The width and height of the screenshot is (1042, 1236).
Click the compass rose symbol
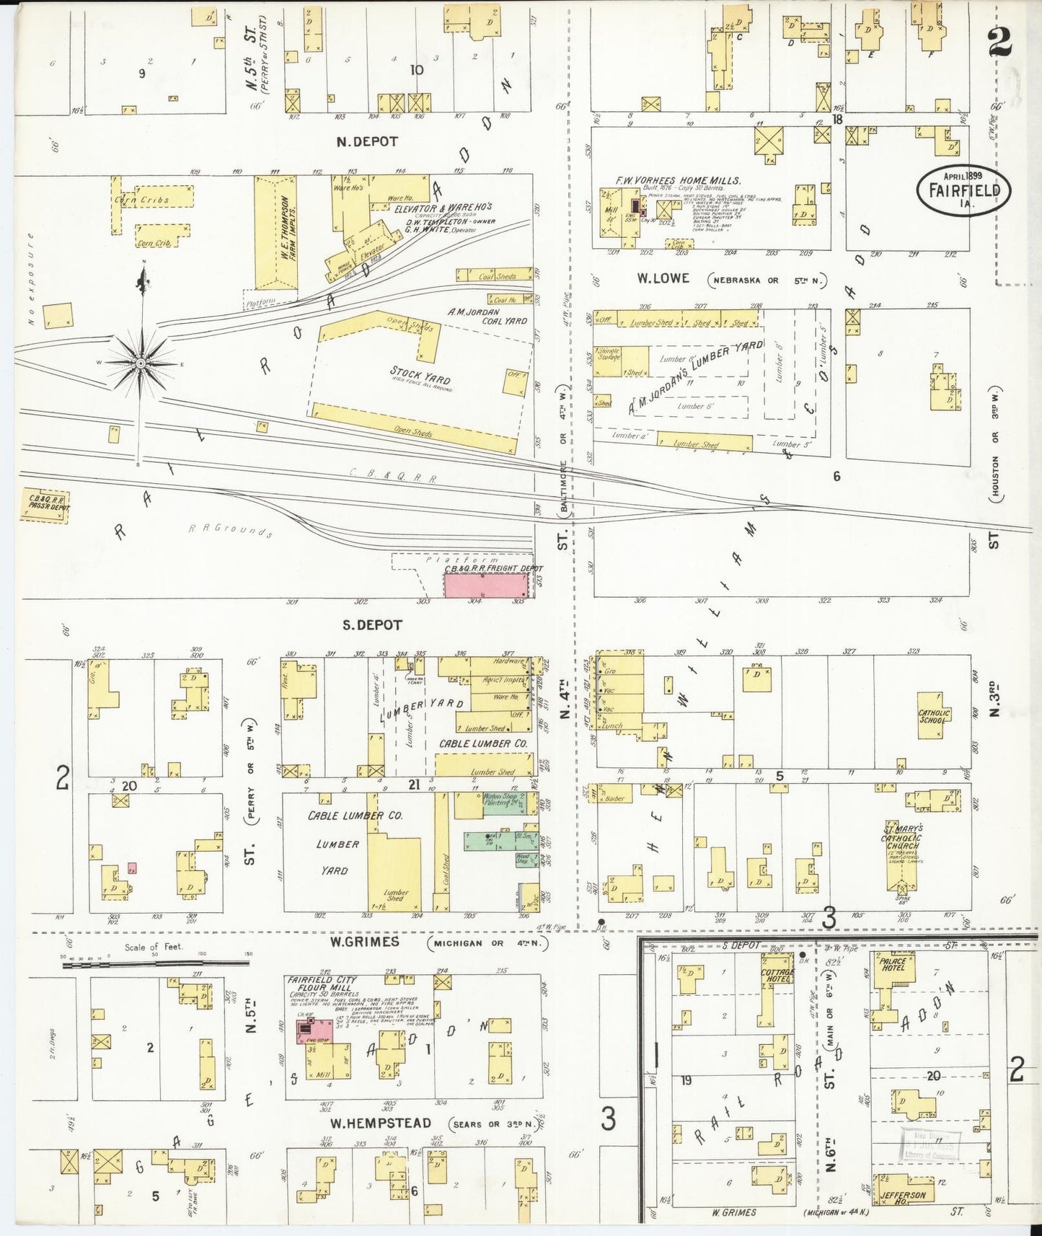pyautogui.click(x=141, y=363)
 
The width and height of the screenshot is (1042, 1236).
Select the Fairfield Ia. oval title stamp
pyautogui.click(x=963, y=190)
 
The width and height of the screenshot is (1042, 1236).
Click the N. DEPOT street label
pyautogui.click(x=367, y=142)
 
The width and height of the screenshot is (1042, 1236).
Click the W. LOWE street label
pyautogui.click(x=663, y=279)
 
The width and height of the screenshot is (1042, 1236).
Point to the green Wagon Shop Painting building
pyautogui.click(x=504, y=803)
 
